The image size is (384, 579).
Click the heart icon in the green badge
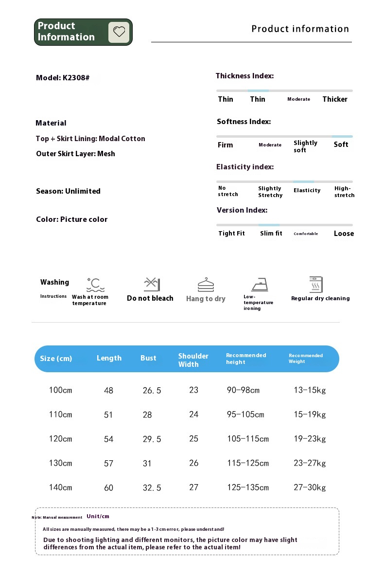coord(119,32)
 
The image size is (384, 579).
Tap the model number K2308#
coord(76,78)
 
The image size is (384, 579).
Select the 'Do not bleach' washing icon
coord(152,284)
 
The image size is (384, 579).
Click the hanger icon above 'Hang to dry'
coord(206,285)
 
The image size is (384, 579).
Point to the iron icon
coord(260,284)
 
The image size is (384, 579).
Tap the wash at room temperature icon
coord(96,285)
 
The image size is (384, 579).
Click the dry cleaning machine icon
coord(316,284)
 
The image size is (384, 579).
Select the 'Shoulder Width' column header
coord(193,360)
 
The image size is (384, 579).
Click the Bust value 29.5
coord(152,439)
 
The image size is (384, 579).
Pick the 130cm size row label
coord(60,463)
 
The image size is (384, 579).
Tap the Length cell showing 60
coord(108,488)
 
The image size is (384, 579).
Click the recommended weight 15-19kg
coord(310,415)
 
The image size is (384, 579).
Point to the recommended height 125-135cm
coord(248,488)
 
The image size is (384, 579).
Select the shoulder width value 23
coord(194,390)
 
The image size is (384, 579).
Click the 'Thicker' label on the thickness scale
coord(335,99)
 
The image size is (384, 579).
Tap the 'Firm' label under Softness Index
coord(225,145)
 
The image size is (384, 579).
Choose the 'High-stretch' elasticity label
coord(344,192)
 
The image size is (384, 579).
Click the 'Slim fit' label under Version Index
coord(271,234)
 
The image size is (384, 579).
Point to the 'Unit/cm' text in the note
coord(98,516)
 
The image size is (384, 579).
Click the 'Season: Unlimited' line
coord(68,191)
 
